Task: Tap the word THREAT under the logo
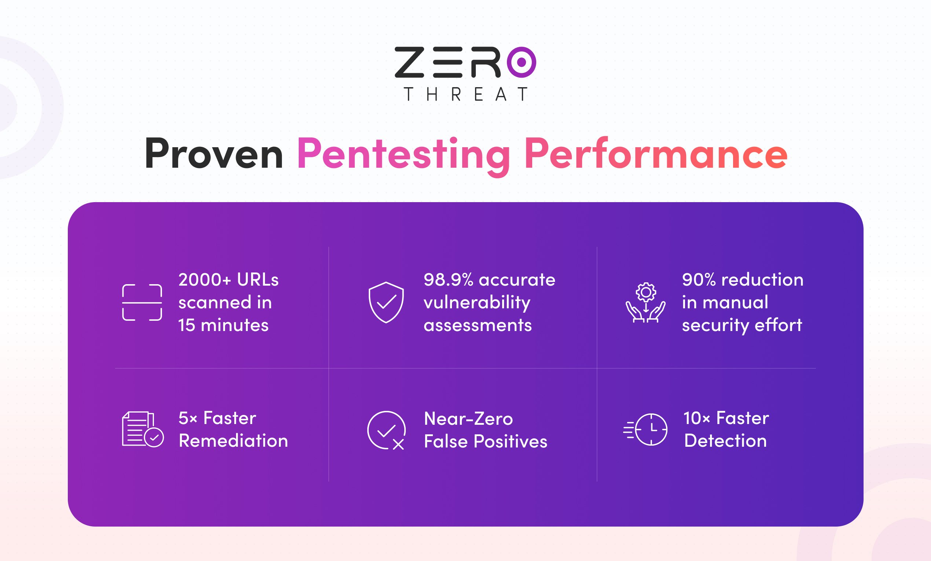click(466, 94)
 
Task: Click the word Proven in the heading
click(214, 154)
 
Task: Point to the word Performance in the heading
click(656, 154)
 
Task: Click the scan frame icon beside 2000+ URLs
click(142, 302)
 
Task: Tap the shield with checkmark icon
click(386, 302)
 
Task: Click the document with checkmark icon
click(143, 429)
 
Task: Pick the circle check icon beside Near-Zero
click(387, 430)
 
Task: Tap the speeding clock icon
click(645, 430)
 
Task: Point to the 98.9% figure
click(449, 280)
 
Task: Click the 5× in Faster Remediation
click(188, 418)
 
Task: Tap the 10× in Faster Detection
click(697, 418)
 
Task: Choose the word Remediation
click(233, 441)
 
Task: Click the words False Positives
click(486, 441)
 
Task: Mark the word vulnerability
click(477, 303)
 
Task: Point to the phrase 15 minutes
click(223, 325)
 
